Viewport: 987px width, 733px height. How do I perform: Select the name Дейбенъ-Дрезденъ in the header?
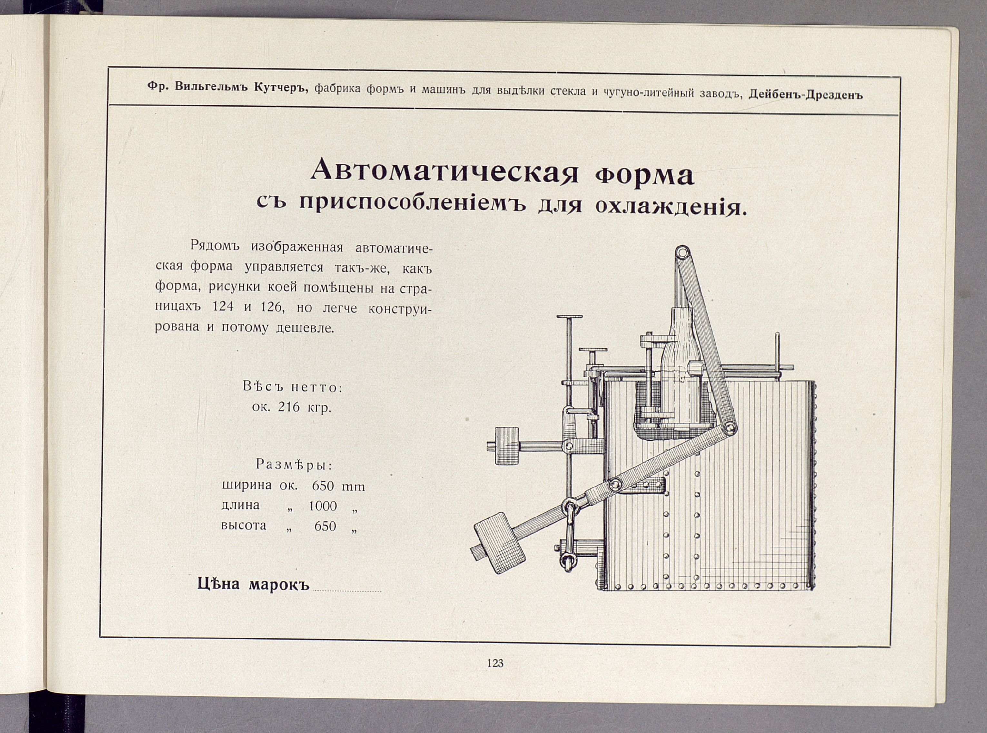tap(806, 95)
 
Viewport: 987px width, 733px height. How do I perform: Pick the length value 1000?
tap(323, 506)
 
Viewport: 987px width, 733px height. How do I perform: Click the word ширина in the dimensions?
tap(246, 486)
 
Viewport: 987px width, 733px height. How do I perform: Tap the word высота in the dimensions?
tap(244, 526)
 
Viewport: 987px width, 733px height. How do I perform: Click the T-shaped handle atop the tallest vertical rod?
tap(569, 317)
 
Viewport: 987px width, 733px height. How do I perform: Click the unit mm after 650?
tap(353, 487)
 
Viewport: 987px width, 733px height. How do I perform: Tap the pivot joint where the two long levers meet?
tap(729, 428)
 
